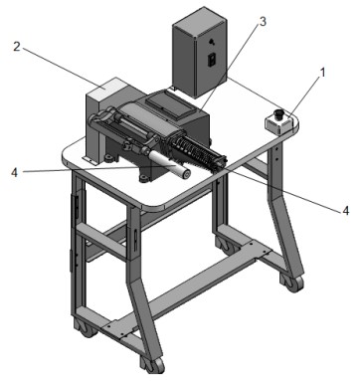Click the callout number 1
(x=322, y=73)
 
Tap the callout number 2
(x=17, y=47)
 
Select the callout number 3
(x=263, y=22)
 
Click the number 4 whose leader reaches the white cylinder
(x=14, y=172)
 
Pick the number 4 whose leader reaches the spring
(x=345, y=210)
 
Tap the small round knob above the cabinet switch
(x=212, y=42)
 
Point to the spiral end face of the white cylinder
(x=185, y=173)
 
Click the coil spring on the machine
(x=195, y=152)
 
